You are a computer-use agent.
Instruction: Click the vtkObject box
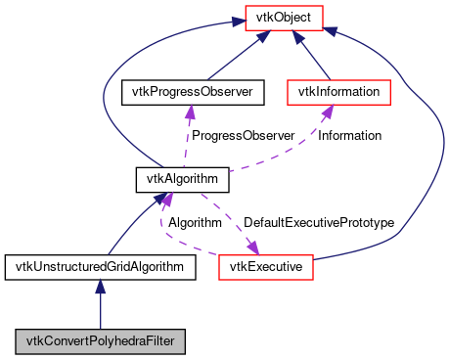291,17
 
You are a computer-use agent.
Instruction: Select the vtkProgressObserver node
186,92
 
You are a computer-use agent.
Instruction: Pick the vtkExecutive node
265,266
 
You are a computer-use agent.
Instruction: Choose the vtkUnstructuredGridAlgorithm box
100,266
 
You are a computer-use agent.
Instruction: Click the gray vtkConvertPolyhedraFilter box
100,341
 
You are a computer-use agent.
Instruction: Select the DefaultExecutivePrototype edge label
318,223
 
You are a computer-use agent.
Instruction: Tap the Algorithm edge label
195,223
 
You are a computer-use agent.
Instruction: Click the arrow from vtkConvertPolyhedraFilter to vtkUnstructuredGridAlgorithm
100,305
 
